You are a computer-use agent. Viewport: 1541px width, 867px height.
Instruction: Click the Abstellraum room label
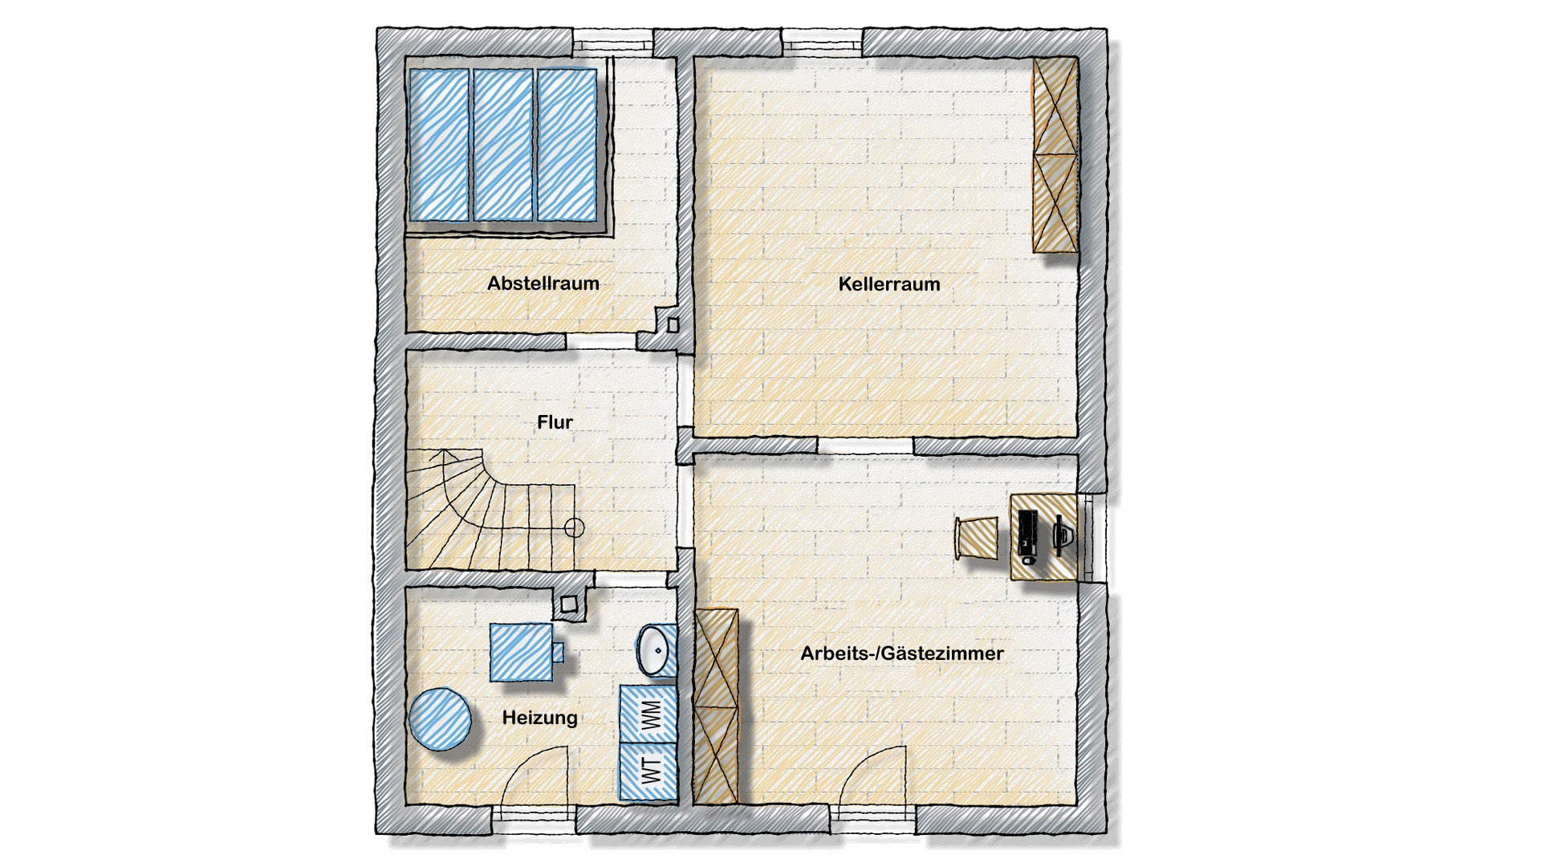tap(543, 283)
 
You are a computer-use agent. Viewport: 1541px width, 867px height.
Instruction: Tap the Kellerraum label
tap(888, 284)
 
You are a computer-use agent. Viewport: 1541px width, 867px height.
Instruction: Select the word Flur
tap(555, 422)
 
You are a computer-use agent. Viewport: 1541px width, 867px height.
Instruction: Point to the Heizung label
tap(539, 718)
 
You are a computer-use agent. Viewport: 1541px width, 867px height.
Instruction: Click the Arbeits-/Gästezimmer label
tap(901, 653)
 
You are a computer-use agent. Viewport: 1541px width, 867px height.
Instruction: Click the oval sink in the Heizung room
tap(657, 649)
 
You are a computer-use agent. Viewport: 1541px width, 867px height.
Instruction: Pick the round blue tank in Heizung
tap(440, 719)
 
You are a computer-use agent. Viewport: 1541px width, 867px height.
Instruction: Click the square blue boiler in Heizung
tap(522, 652)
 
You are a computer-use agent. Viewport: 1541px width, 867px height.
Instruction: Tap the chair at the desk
tap(977, 537)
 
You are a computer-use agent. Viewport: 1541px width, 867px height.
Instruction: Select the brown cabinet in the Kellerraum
tap(1055, 155)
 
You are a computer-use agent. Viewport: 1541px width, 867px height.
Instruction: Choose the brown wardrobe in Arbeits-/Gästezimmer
tap(715, 706)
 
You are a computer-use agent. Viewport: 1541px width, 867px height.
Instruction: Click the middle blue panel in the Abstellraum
tap(503, 144)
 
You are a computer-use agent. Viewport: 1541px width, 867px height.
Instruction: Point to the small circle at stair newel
tap(574, 527)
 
